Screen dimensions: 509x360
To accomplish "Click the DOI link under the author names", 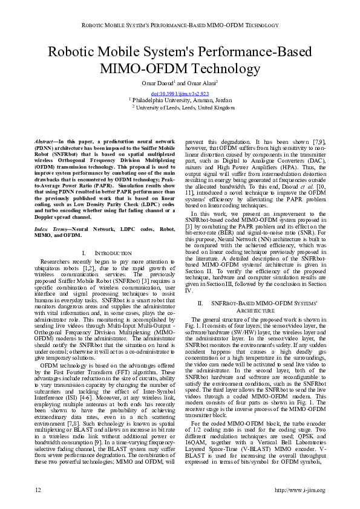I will point(180,94).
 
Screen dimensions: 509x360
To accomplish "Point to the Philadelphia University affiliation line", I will point(180,100).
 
